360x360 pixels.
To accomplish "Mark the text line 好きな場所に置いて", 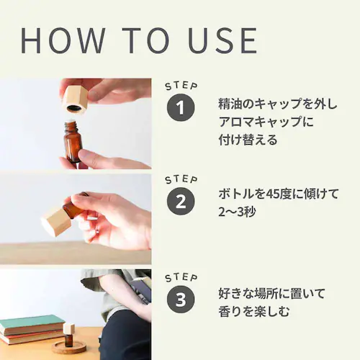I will tap(271, 293).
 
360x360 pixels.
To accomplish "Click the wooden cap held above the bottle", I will tap(74, 99).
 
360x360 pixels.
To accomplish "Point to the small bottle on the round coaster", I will tap(68, 335).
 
